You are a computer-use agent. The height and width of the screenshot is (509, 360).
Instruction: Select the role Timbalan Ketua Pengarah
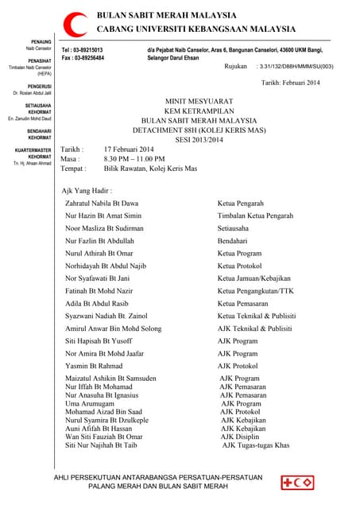coord(255,216)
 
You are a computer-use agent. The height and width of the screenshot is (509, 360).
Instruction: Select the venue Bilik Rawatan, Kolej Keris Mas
coord(150,169)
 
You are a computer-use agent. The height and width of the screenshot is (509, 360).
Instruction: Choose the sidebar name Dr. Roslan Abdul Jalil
coord(33,93)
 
